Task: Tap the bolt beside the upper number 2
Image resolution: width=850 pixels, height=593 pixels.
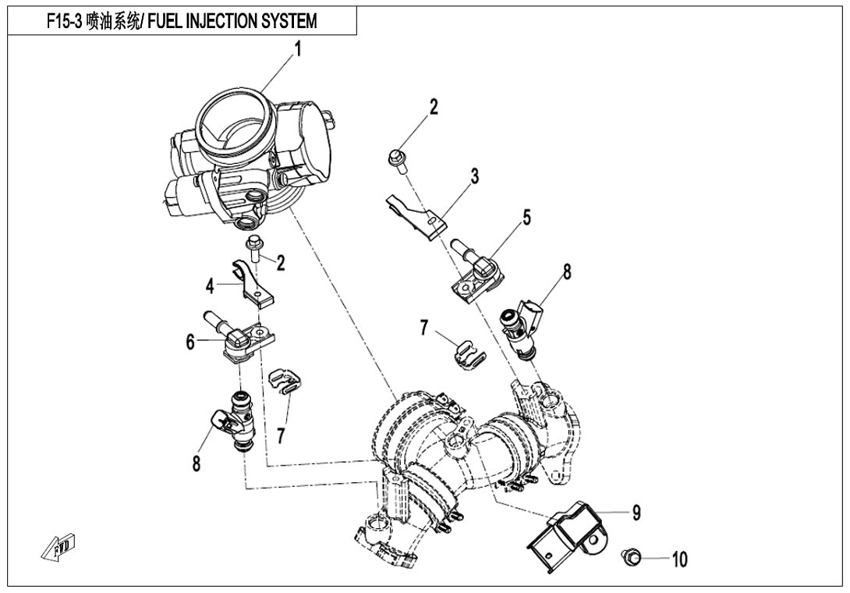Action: tap(396, 159)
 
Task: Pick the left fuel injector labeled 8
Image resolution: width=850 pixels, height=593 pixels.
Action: tap(235, 422)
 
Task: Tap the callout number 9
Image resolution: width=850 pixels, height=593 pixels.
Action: tap(637, 512)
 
